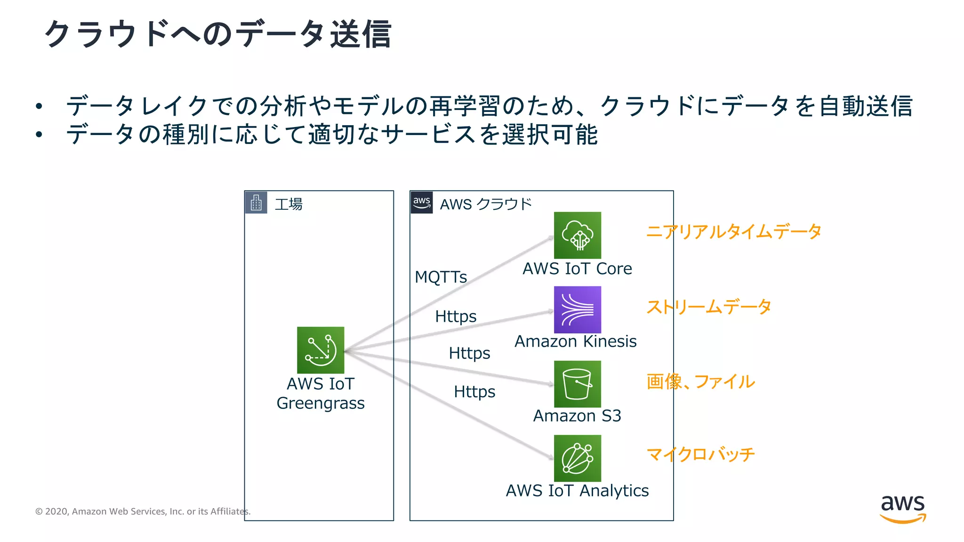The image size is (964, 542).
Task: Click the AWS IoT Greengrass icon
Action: (321, 350)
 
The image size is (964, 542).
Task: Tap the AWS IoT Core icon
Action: (577, 235)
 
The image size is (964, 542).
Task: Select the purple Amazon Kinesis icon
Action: (577, 310)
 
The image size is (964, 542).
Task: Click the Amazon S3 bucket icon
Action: (577, 384)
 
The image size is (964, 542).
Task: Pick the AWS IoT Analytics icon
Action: (577, 458)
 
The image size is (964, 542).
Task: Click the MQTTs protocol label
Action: (441, 277)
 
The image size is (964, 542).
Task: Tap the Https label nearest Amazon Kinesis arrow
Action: (456, 316)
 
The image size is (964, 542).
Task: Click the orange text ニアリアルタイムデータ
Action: (733, 231)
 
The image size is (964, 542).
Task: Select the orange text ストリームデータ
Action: (708, 307)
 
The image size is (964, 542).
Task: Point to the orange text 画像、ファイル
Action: (700, 382)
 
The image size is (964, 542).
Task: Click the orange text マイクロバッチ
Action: (700, 454)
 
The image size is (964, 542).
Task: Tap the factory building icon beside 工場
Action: (256, 203)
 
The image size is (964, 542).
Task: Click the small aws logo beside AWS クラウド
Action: (421, 203)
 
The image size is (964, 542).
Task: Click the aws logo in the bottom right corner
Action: (902, 508)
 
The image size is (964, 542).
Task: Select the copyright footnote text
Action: (143, 511)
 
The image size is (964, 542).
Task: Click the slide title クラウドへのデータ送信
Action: (217, 34)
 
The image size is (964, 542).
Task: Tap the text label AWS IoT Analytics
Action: (577, 491)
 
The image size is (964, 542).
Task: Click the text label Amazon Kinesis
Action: (575, 341)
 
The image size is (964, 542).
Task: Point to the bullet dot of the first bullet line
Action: (39, 106)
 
